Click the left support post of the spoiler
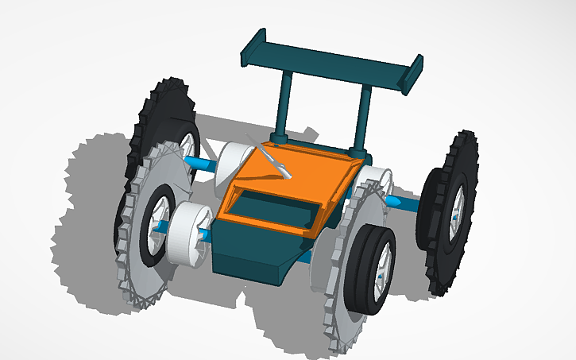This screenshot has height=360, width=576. point(284,103)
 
